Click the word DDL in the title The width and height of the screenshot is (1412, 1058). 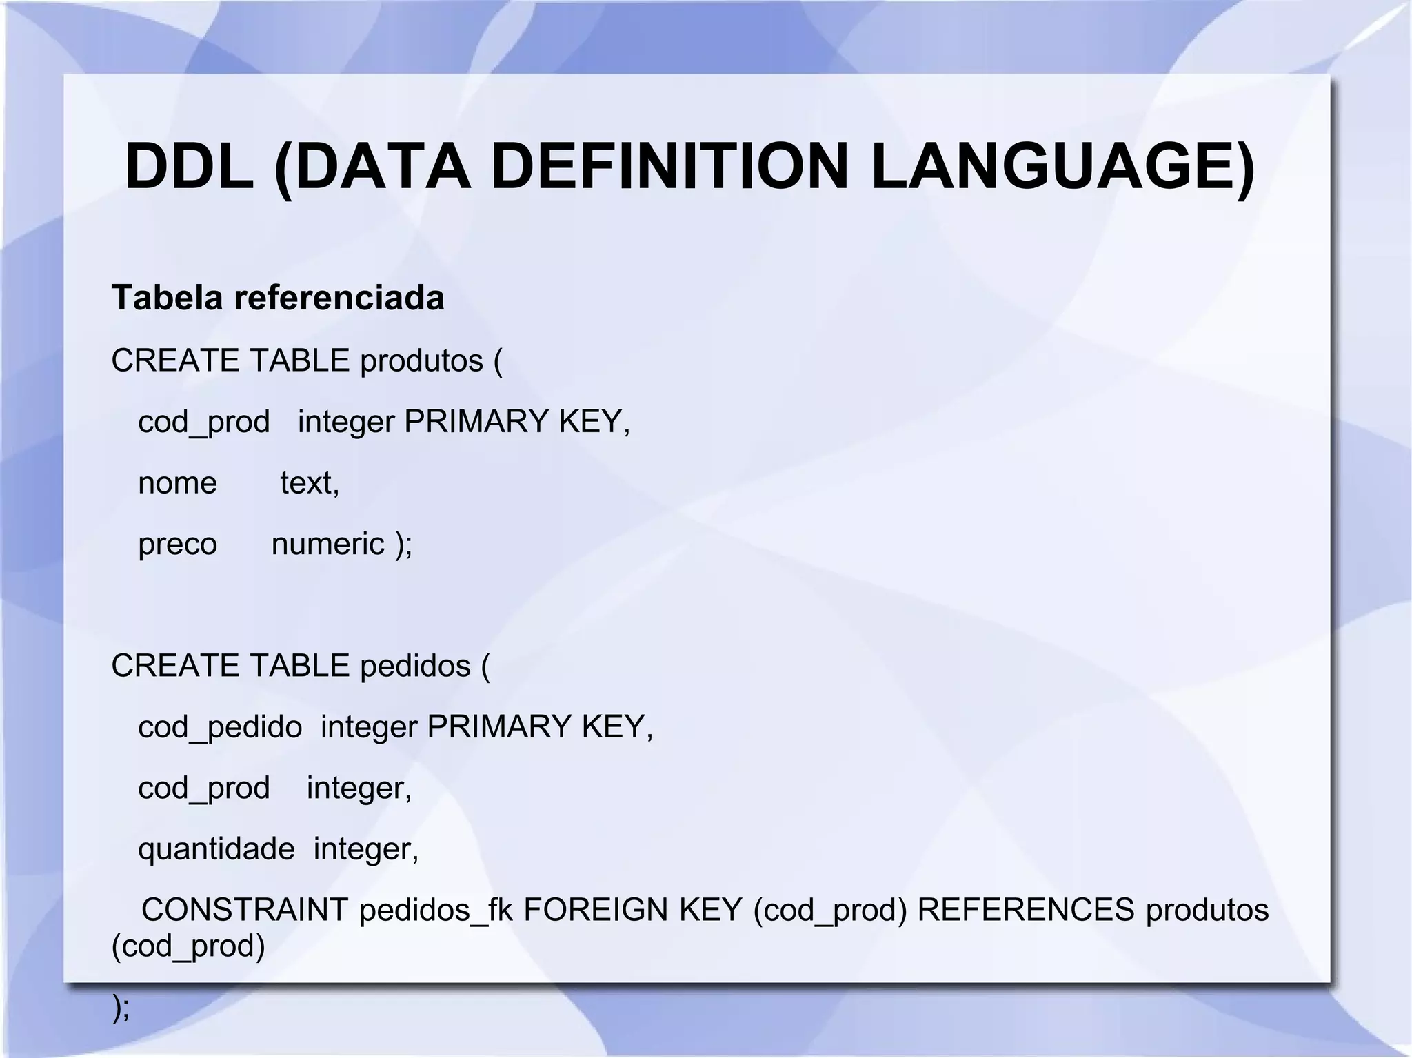pyautogui.click(x=189, y=167)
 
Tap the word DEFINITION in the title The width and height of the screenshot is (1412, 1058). pyautogui.click(x=669, y=167)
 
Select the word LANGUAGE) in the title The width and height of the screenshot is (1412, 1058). pyautogui.click(x=1062, y=167)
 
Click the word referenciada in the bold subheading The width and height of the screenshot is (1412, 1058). pyautogui.click(x=339, y=298)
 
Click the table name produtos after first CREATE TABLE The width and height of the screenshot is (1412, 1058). pyautogui.click(x=421, y=360)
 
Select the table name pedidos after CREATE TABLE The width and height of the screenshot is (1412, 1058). pyautogui.click(x=415, y=666)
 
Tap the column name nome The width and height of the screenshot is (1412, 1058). pyautogui.click(x=177, y=482)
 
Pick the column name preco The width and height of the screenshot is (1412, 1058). pyautogui.click(x=177, y=544)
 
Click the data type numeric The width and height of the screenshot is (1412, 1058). pyautogui.click(x=327, y=544)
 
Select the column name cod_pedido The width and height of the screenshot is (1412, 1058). pyautogui.click(x=220, y=727)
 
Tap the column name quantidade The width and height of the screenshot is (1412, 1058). pyautogui.click(x=216, y=848)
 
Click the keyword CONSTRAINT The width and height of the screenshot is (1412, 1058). pyautogui.click(x=245, y=910)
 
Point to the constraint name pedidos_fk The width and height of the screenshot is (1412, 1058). pyautogui.click(x=436, y=910)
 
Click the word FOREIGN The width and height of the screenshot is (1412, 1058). pyautogui.click(x=596, y=910)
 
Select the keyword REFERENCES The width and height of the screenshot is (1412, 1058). pyautogui.click(x=1025, y=910)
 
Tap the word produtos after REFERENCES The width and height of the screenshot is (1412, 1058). pyautogui.click(x=1207, y=910)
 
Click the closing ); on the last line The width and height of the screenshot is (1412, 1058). pyautogui.click(x=121, y=1008)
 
